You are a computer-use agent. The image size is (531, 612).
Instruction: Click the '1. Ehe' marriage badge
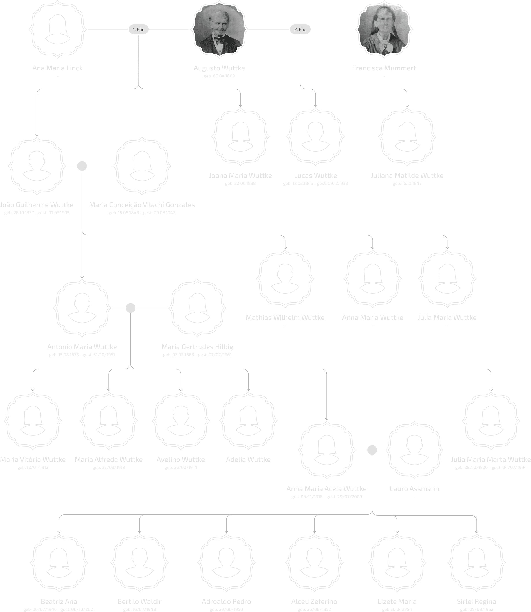click(138, 29)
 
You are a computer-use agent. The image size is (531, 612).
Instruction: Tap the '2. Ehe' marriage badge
click(300, 29)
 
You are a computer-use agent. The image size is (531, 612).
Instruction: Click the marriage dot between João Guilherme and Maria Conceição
click(82, 166)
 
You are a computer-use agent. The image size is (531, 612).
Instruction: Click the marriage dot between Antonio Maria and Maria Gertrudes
click(131, 308)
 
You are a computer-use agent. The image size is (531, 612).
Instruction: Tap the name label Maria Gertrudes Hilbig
click(197, 347)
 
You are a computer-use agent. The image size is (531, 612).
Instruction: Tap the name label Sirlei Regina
click(476, 601)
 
